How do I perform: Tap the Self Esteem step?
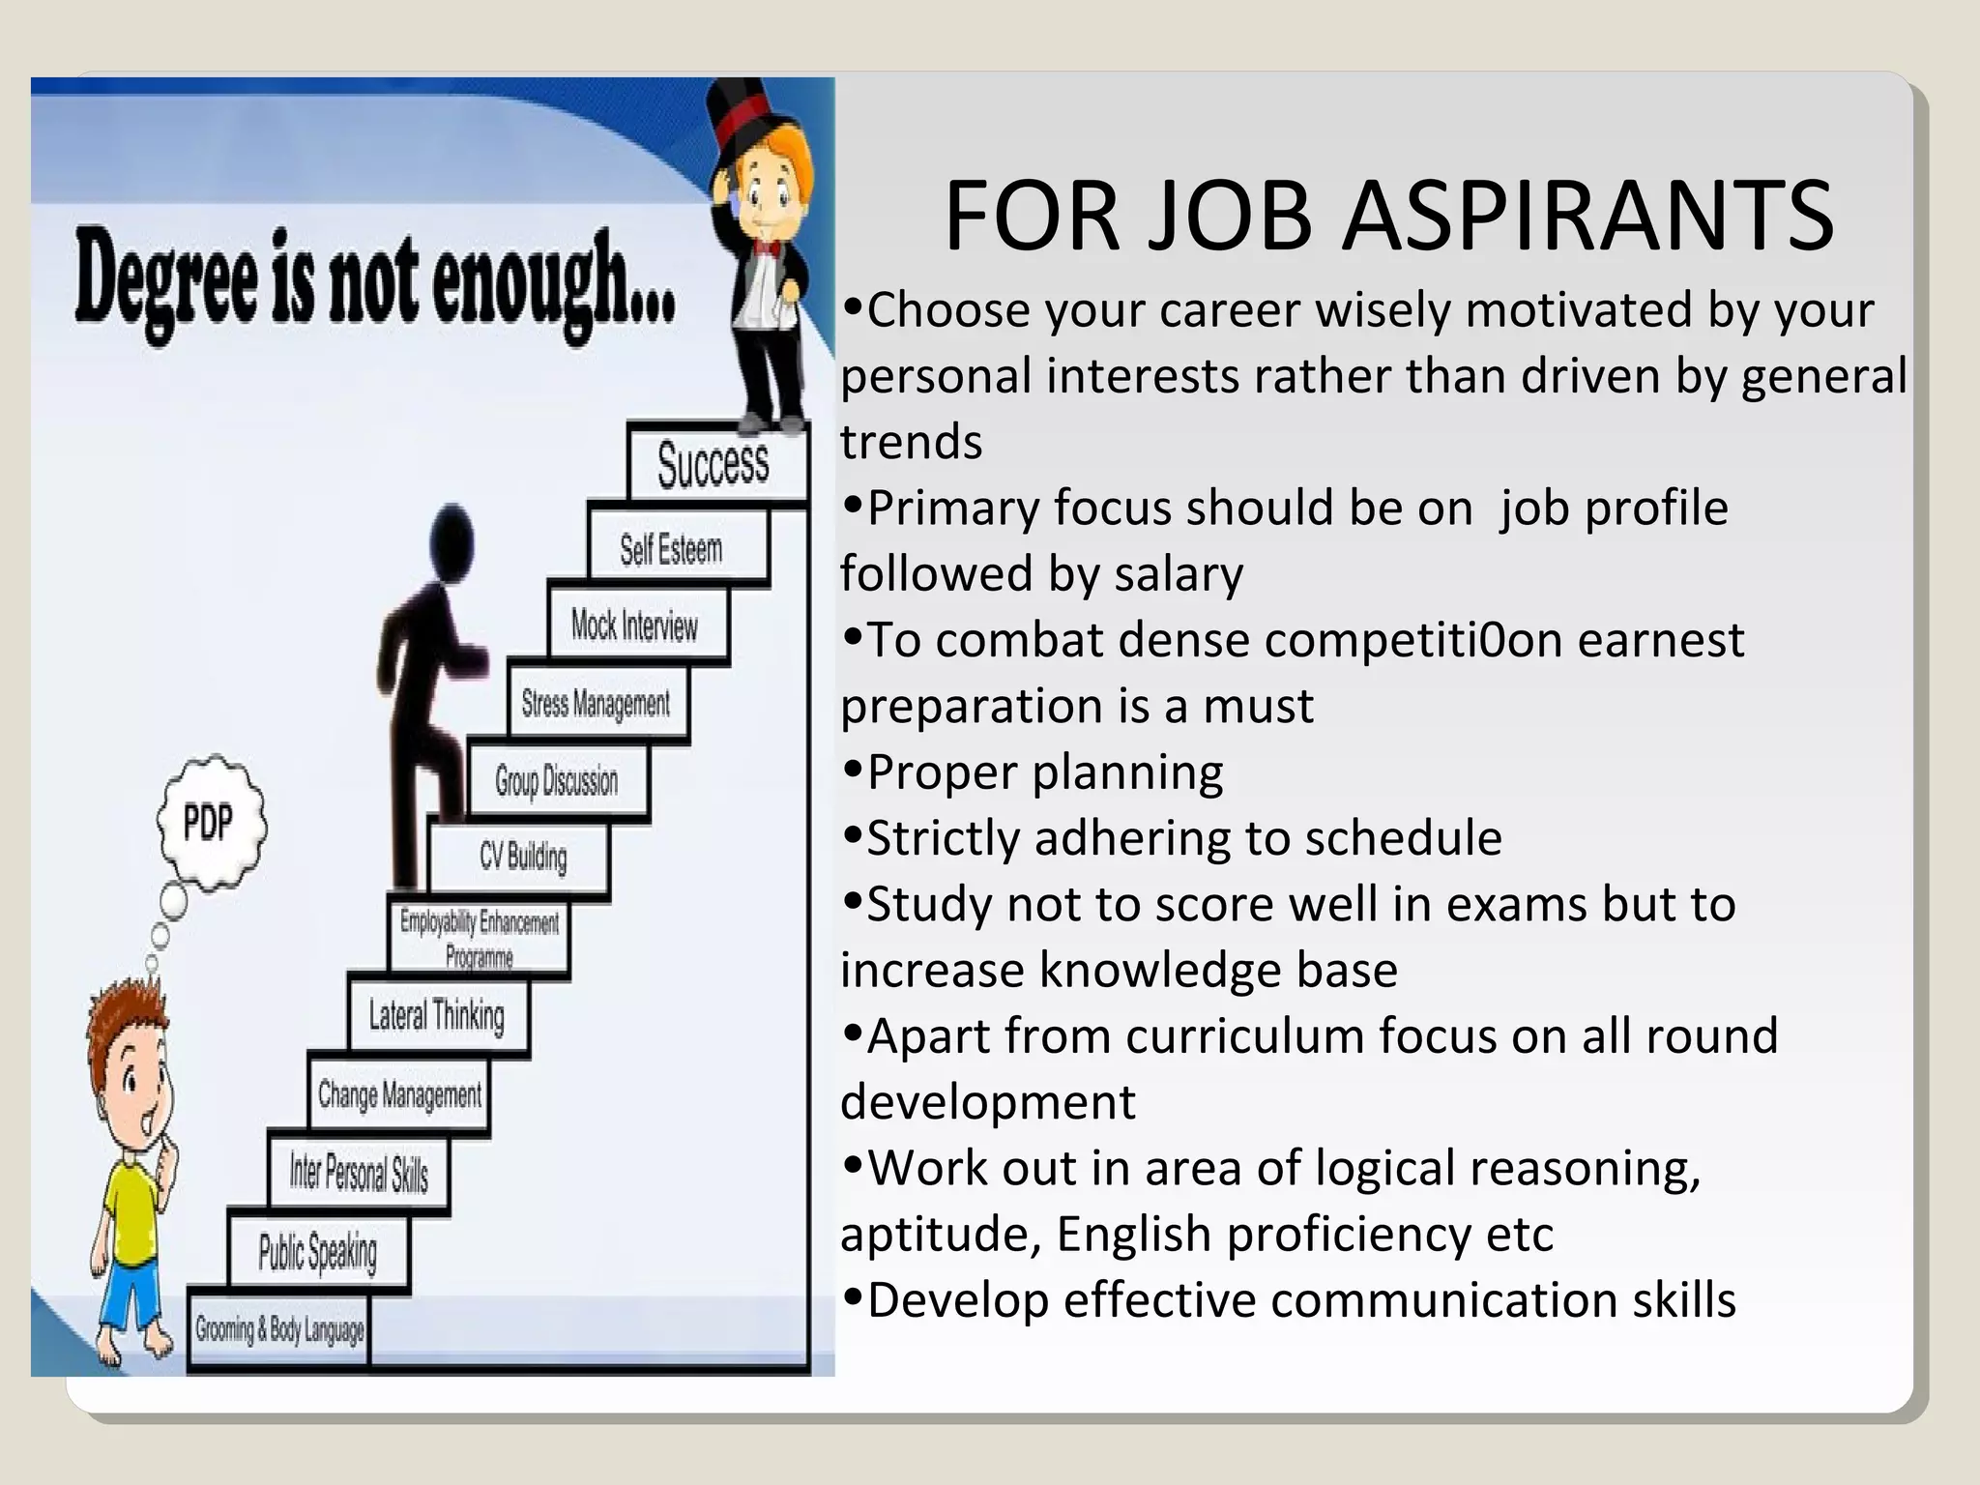671,549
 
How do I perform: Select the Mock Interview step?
634,626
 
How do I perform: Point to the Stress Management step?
596,703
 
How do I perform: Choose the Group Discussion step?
556,780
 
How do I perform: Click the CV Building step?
522,857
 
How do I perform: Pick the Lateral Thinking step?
437,1015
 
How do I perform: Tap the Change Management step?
399,1094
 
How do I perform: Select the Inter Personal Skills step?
359,1174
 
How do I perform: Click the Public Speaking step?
317,1252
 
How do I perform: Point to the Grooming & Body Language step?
279,1330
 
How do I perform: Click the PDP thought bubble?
210,823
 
